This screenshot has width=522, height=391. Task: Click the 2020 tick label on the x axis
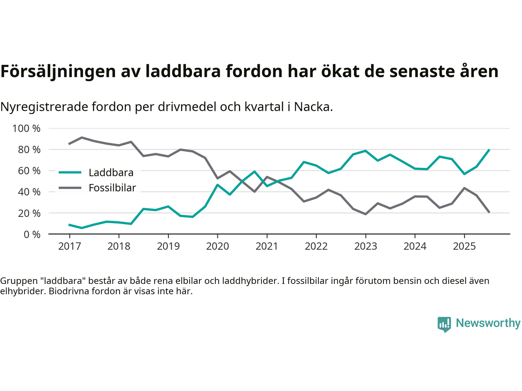click(217, 246)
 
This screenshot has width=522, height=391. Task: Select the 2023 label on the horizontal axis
click(365, 246)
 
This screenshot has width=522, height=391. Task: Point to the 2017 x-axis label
click(69, 246)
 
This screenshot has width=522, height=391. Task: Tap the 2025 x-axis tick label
click(464, 246)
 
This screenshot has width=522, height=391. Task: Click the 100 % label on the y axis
click(27, 129)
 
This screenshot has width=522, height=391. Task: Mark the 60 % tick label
click(29, 171)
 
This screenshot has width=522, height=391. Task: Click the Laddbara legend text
click(111, 173)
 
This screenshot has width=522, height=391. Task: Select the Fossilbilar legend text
click(112, 188)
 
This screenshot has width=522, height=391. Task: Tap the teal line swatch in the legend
click(70, 172)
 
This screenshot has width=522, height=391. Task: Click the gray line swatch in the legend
click(70, 188)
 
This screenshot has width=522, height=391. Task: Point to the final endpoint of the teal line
click(489, 150)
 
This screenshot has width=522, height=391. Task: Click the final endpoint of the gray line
click(489, 212)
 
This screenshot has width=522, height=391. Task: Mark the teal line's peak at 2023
click(365, 151)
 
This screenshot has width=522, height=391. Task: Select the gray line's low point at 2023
click(365, 214)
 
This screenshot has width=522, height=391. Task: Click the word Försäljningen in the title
click(58, 71)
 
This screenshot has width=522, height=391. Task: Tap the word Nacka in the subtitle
click(313, 107)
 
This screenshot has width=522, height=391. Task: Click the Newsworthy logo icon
click(444, 324)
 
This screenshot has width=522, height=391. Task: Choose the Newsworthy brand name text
click(488, 323)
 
